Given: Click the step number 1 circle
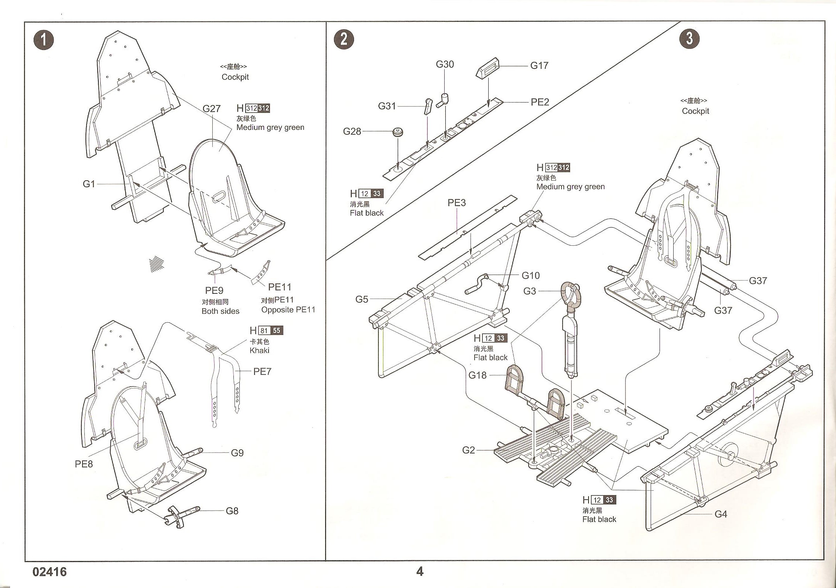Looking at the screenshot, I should coord(44,40).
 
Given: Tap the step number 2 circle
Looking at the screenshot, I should coord(344,39).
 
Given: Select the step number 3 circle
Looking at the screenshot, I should coord(690,38).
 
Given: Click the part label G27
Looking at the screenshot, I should coord(211,108).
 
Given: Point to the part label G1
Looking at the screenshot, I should coord(89,184).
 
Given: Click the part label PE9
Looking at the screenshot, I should coord(214,290).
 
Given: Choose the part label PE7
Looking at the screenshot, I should coord(262,372).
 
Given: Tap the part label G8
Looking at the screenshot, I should coord(232,511).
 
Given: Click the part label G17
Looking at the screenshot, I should coord(539,65).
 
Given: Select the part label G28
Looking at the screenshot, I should coord(352,131).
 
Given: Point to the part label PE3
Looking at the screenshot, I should coord(456,203).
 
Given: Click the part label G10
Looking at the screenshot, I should coord(530,276).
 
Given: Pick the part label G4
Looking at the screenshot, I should coord(721,514).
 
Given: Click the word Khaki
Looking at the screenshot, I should coord(259,350).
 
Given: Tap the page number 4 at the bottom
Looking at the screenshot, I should coord(419,572).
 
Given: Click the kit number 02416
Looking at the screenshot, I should coord(50,572).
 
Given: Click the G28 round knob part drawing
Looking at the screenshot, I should coord(398,132).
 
